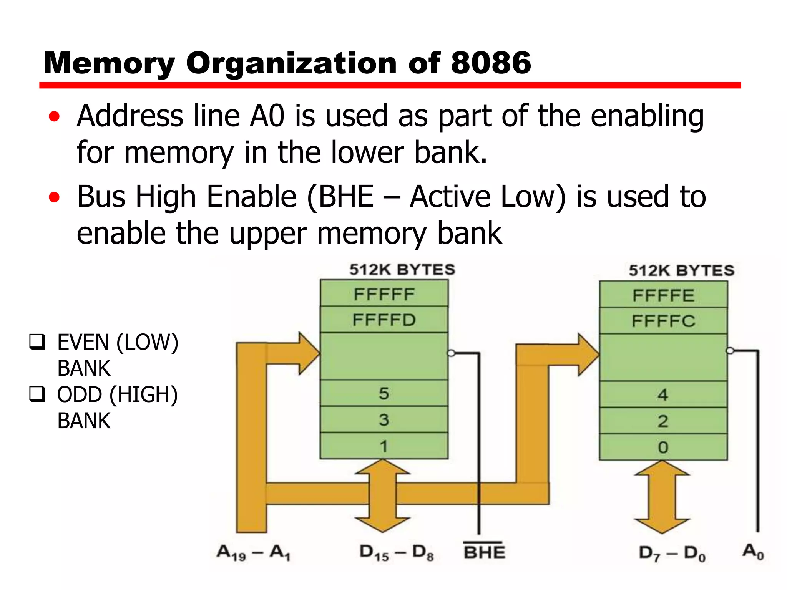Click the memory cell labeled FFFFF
click(x=384, y=294)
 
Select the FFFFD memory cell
click(x=384, y=320)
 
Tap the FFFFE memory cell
click(x=663, y=295)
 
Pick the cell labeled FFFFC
click(x=663, y=321)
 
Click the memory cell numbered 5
click(x=384, y=393)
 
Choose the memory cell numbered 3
click(x=384, y=419)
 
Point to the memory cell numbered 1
click(x=384, y=446)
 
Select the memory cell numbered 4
click(x=663, y=394)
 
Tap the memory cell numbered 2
click(x=663, y=421)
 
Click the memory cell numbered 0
click(x=663, y=447)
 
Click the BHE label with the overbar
click(x=484, y=551)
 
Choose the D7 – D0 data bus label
click(x=672, y=554)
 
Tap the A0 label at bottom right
click(x=753, y=552)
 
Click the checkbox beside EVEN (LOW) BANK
click(x=37, y=342)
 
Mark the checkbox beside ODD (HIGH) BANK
click(x=37, y=394)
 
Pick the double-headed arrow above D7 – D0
click(x=662, y=497)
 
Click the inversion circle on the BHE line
click(x=452, y=353)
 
